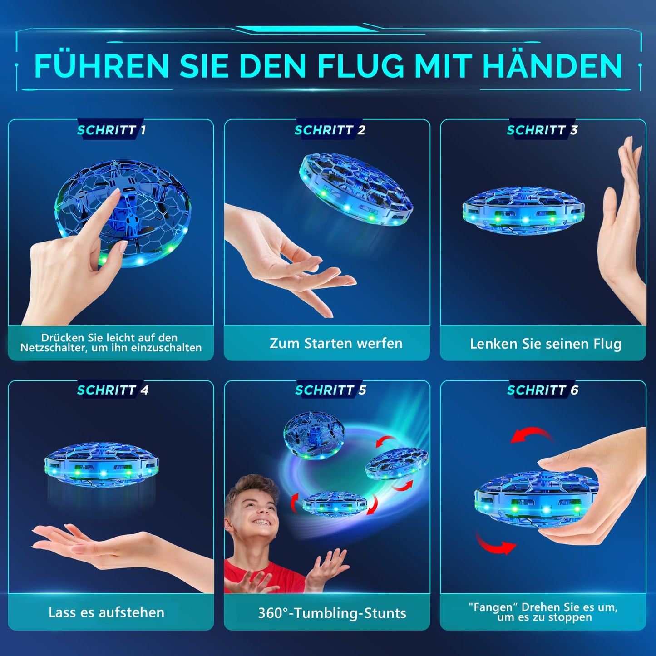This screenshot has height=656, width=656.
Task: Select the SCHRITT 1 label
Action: tap(111, 130)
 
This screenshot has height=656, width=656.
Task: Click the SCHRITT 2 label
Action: tap(330, 130)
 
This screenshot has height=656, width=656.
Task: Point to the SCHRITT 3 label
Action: tap(543, 130)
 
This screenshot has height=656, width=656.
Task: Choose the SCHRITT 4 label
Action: tap(113, 390)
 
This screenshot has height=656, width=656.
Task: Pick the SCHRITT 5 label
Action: tap(330, 390)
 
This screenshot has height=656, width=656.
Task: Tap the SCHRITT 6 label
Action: tap(543, 390)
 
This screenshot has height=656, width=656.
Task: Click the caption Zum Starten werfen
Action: tap(336, 344)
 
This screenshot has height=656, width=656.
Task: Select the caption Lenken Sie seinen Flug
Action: tap(546, 344)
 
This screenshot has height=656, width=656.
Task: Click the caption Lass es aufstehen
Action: tap(107, 612)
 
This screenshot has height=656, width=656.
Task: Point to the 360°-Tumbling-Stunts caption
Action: tap(332, 613)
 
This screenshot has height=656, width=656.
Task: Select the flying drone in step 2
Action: tap(356, 189)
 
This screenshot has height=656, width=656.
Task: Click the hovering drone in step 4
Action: tap(101, 467)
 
